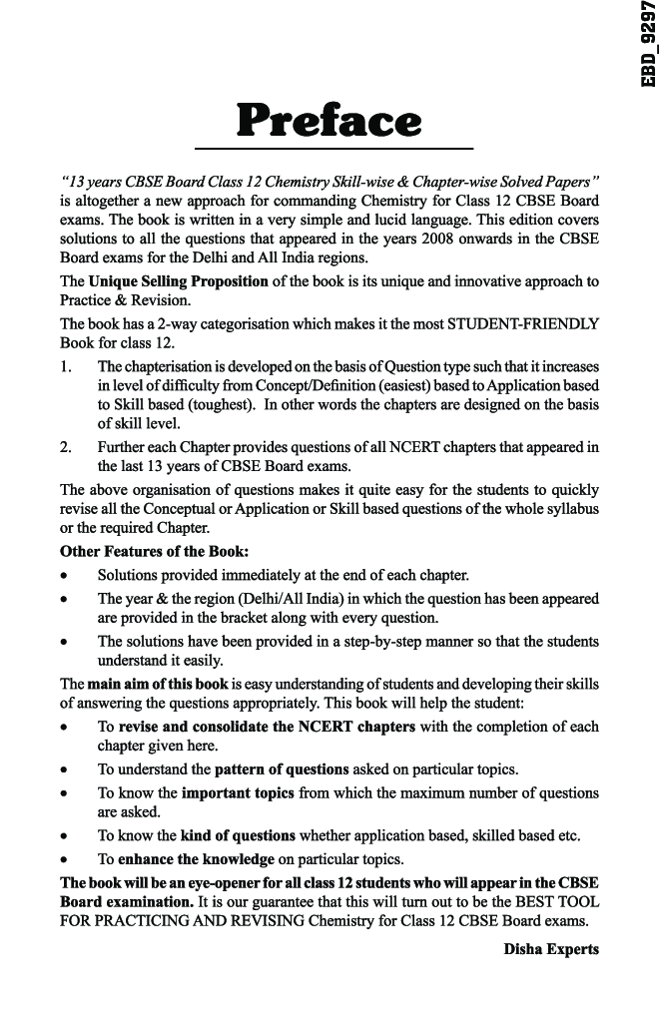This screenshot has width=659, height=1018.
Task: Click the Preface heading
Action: point(329,121)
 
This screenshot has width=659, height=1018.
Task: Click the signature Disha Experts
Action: point(551,948)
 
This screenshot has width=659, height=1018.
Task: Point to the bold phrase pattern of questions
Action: point(282,769)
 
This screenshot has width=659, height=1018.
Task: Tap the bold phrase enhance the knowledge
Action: point(197,858)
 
